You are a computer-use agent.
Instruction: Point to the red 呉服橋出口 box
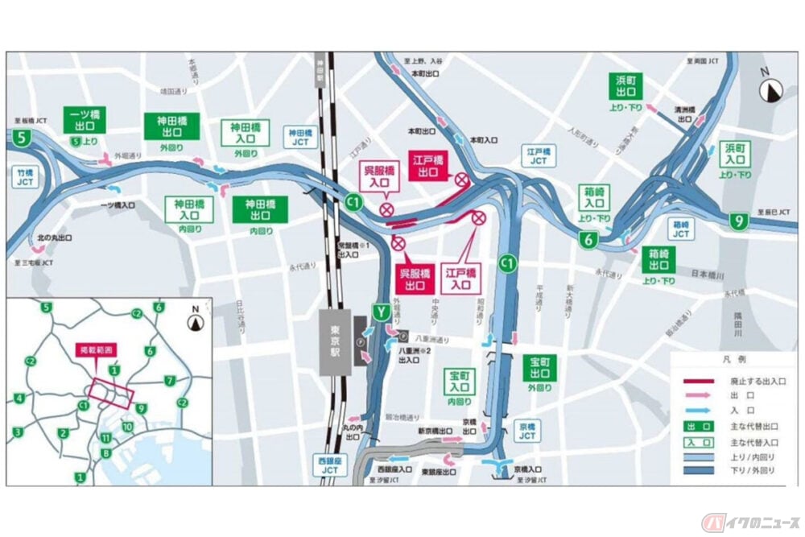[x=416, y=277]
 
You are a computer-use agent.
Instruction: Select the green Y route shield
[x=379, y=311]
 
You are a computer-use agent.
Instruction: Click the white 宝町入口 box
[x=460, y=385]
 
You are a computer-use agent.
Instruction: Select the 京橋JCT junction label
[x=526, y=431]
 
